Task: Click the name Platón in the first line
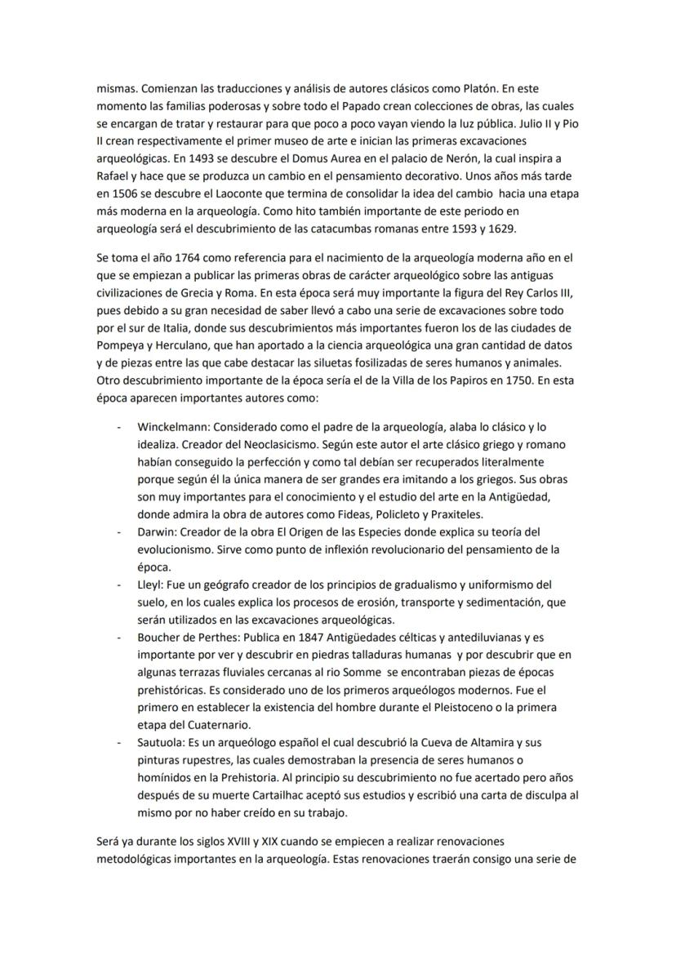[478, 87]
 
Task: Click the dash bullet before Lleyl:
[120, 585]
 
